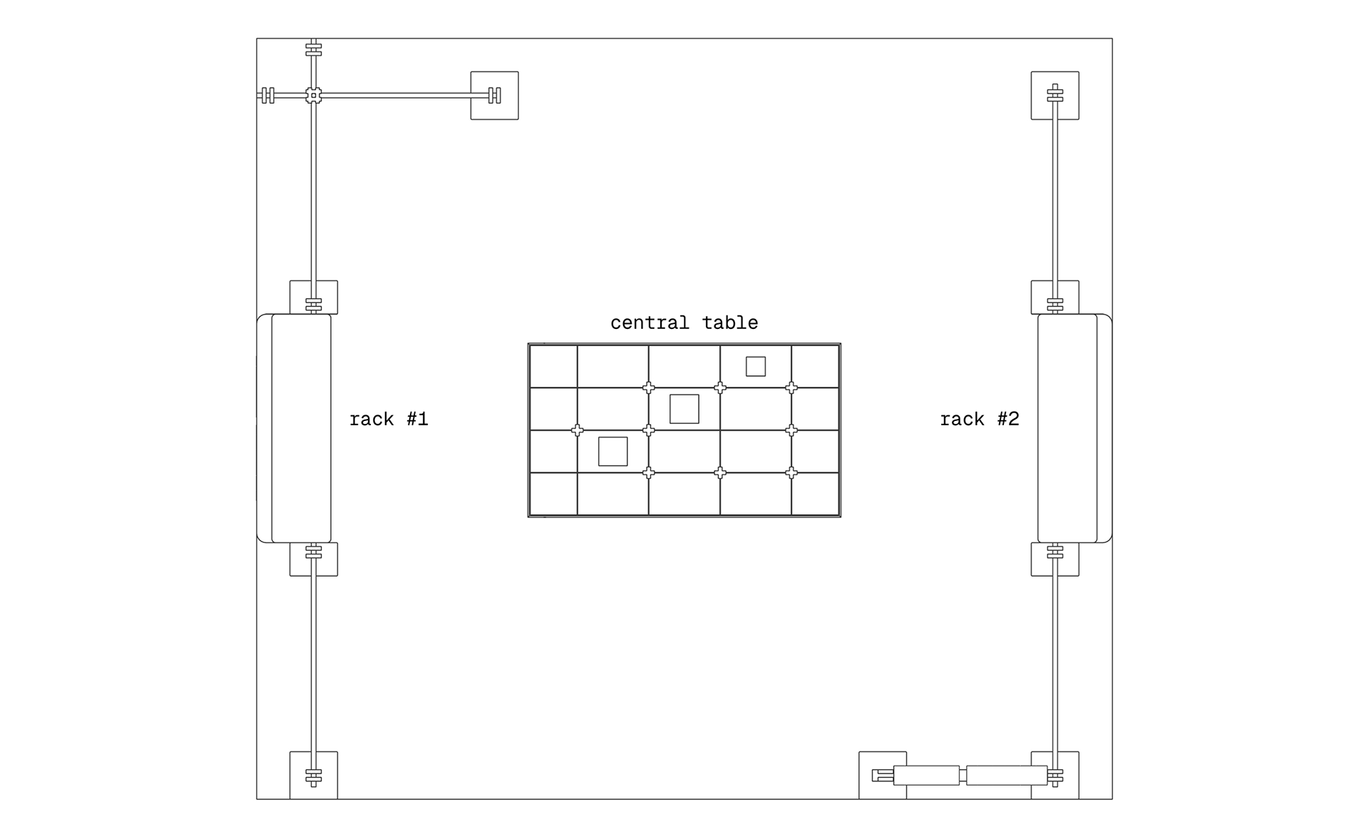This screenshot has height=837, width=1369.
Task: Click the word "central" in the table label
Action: [650, 323]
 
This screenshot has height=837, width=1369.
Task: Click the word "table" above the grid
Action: [730, 323]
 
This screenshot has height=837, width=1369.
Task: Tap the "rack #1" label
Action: [389, 419]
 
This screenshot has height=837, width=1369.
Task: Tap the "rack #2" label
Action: [980, 419]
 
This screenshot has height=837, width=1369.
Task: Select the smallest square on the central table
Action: [756, 367]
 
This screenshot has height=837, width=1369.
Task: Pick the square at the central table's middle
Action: [684, 409]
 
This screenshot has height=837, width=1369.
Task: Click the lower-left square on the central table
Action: [613, 452]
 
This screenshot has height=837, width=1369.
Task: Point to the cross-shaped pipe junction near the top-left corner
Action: [314, 95]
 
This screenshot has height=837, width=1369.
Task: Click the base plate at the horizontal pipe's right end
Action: [494, 96]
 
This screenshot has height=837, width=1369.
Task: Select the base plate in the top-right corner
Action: [1055, 96]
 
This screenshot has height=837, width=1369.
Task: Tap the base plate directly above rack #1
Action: [314, 297]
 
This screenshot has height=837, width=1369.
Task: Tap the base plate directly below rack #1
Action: [314, 559]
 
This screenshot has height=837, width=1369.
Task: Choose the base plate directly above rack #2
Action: [1055, 297]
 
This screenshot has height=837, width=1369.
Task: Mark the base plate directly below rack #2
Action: [1055, 559]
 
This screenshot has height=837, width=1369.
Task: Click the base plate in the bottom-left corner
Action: [314, 776]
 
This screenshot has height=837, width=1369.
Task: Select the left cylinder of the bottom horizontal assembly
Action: [926, 776]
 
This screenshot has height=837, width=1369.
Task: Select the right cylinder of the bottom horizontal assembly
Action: [1007, 776]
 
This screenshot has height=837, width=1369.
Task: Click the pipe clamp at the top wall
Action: [314, 50]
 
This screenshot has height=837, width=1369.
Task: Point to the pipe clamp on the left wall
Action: [268, 95]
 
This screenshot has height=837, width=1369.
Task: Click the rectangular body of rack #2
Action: [1067, 428]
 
